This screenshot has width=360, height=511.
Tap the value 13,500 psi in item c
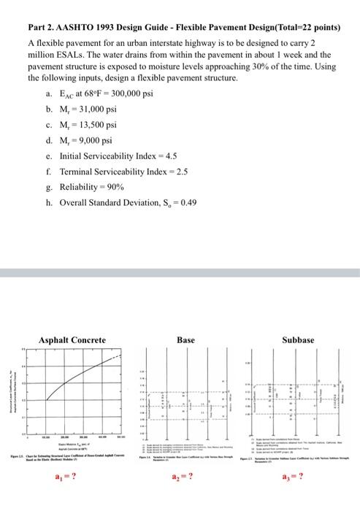(96, 124)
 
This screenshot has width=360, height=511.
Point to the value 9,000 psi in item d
(93, 140)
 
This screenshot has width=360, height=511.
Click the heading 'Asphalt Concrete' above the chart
(72, 339)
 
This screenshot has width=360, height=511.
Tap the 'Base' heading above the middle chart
(185, 339)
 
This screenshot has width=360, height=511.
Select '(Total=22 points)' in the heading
(301, 28)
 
